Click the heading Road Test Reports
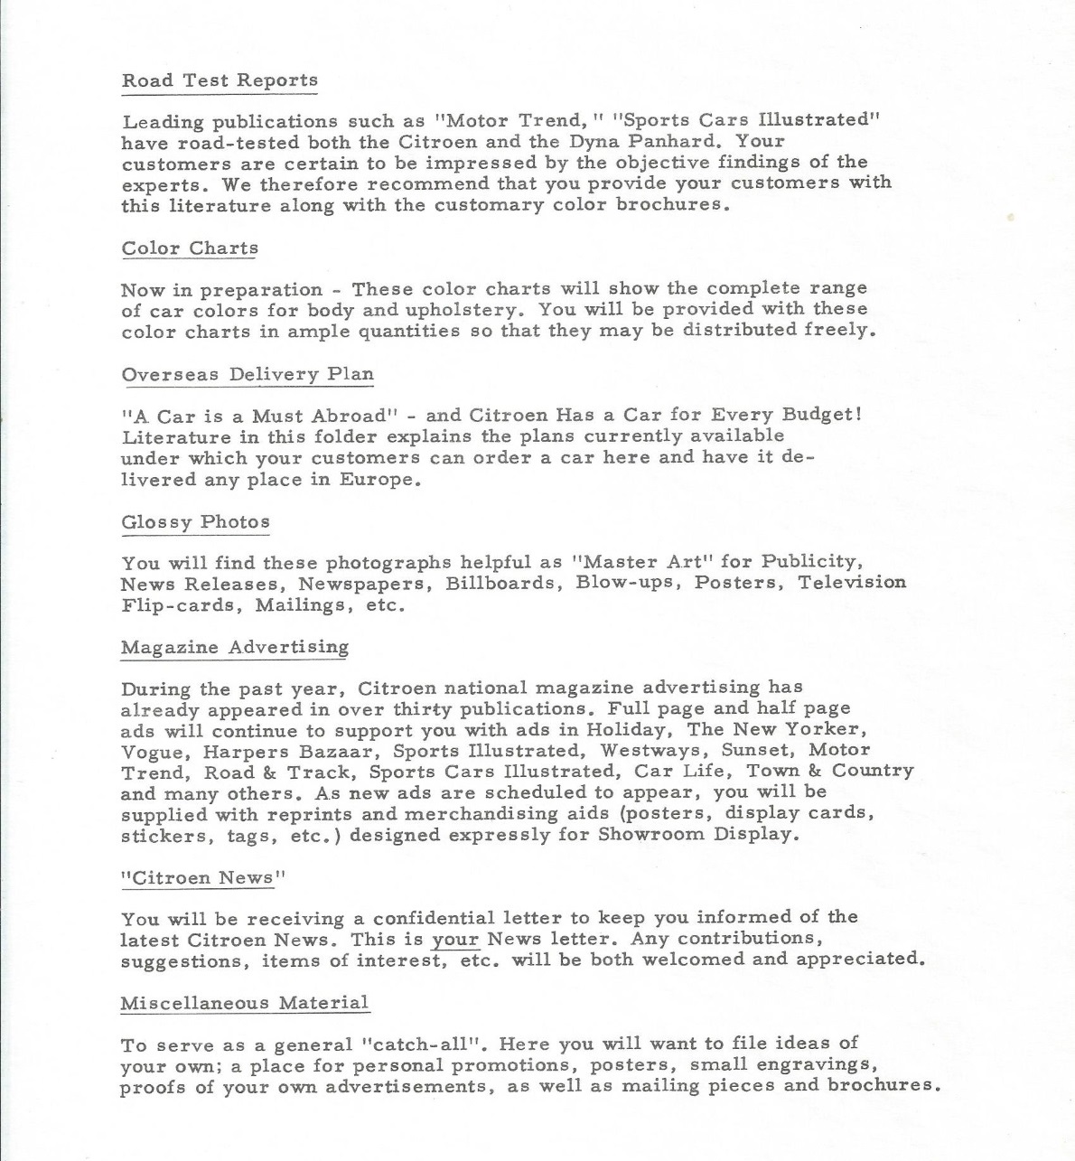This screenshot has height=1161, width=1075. (x=220, y=80)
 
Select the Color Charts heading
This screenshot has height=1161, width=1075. (x=190, y=248)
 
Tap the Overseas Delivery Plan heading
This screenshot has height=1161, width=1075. (x=248, y=374)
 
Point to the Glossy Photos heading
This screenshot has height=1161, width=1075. (x=196, y=522)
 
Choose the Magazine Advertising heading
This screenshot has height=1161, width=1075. (x=235, y=648)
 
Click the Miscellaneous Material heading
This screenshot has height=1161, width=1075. (x=245, y=1003)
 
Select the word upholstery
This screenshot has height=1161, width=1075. (x=452, y=310)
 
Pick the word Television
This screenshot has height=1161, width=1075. (x=852, y=582)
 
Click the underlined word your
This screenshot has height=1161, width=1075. (x=454, y=940)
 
